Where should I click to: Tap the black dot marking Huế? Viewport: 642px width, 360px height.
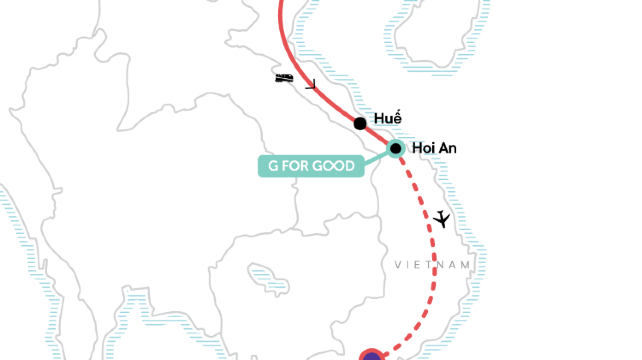360,124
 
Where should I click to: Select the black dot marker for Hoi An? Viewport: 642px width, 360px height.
396,149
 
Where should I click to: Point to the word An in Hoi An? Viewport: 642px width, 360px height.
448,149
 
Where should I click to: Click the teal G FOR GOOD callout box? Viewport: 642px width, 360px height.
311,166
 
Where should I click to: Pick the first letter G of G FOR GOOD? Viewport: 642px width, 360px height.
272,166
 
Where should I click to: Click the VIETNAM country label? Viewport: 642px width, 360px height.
432,265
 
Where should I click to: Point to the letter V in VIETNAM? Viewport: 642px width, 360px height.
399,265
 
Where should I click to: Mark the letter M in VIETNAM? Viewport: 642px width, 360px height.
465,265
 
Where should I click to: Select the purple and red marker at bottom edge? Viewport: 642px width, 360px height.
372,353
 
